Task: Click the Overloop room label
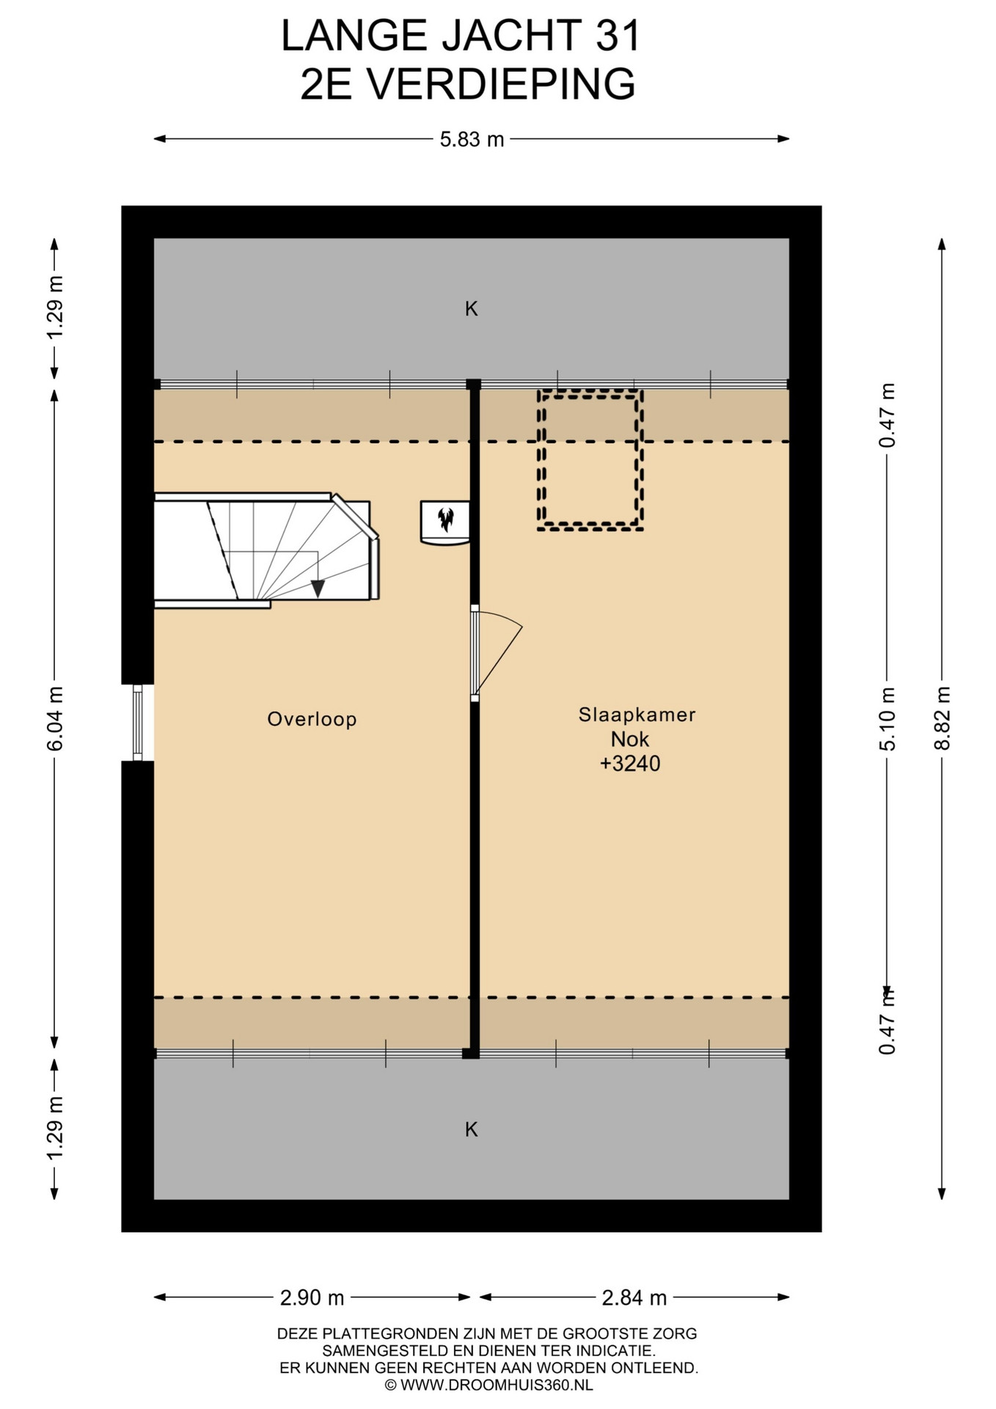point(312,719)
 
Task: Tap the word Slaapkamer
point(637,715)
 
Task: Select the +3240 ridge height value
point(630,764)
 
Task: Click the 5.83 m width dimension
point(472,139)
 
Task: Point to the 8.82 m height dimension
point(942,718)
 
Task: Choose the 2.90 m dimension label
point(312,1297)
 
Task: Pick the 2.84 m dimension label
point(634,1297)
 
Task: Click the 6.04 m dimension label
point(55,718)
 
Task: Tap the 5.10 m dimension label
point(887,718)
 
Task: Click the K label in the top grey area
point(472,309)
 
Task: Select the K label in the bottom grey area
point(472,1129)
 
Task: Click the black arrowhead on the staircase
point(318,588)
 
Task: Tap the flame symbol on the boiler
point(445,520)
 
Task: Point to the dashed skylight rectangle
point(590,460)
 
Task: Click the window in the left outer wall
point(137,723)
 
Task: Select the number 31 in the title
point(618,37)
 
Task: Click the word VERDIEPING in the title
point(501,84)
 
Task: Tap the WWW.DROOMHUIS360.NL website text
point(497,1386)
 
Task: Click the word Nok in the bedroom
point(630,739)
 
